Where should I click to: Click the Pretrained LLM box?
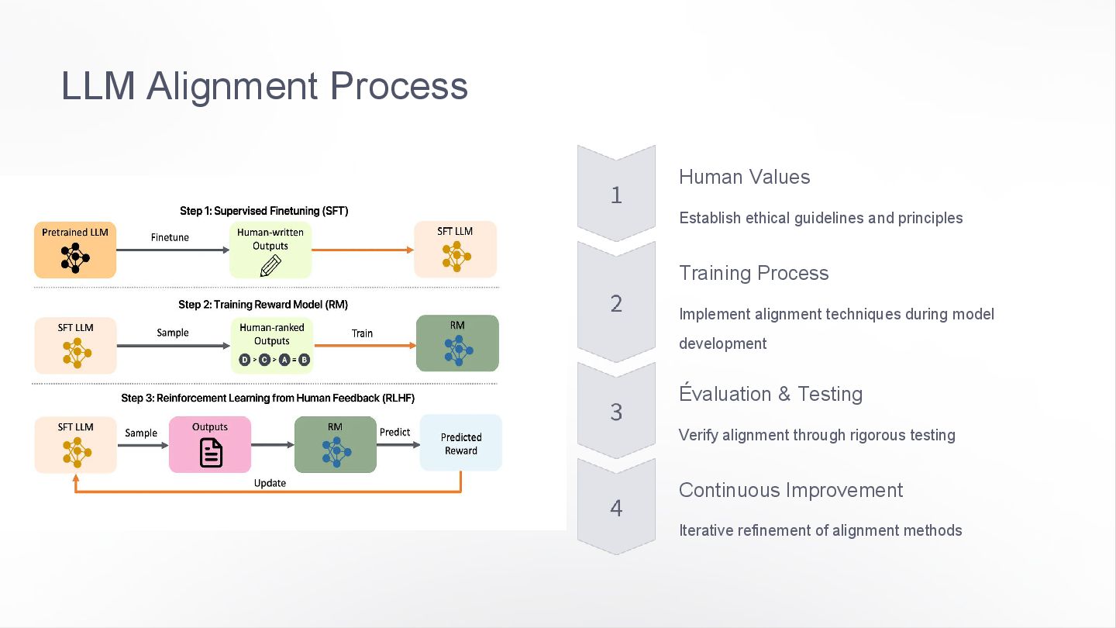[75, 250]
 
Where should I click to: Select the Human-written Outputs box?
[270, 250]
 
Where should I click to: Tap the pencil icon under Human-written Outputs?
[270, 264]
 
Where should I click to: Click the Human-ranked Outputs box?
[271, 344]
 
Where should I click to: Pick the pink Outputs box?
[210, 444]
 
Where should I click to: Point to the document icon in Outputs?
[211, 453]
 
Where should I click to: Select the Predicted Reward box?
[461, 443]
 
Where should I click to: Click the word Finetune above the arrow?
[170, 237]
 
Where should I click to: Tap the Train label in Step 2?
[362, 333]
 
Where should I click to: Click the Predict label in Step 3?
[394, 432]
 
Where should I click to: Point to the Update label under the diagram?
[270, 483]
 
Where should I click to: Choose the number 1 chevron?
[616, 195]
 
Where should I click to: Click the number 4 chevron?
[616, 508]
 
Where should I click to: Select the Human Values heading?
[744, 177]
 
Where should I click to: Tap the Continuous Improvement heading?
[790, 490]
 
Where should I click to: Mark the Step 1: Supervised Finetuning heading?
[264, 211]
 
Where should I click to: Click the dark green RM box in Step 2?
[457, 343]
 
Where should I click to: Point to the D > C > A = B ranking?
[274, 360]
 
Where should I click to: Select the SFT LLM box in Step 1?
[455, 250]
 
